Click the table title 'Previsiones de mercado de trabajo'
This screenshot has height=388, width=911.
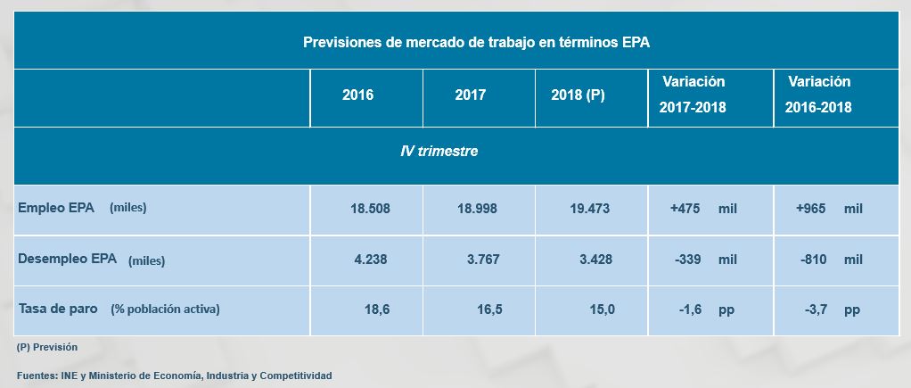[x=481, y=42]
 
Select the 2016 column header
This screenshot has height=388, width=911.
[x=357, y=95]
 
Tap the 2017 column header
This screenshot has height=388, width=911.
[x=470, y=95]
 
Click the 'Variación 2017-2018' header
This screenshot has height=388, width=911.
[x=693, y=95]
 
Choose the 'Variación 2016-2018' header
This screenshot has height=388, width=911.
[x=818, y=95]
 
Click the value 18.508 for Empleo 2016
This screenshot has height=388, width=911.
[x=370, y=209]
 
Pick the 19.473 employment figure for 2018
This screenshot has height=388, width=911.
[x=589, y=209]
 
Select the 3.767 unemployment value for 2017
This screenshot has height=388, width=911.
[x=482, y=260]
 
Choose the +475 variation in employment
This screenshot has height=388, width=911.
[x=686, y=209]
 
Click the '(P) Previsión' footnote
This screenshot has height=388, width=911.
[x=47, y=347]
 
